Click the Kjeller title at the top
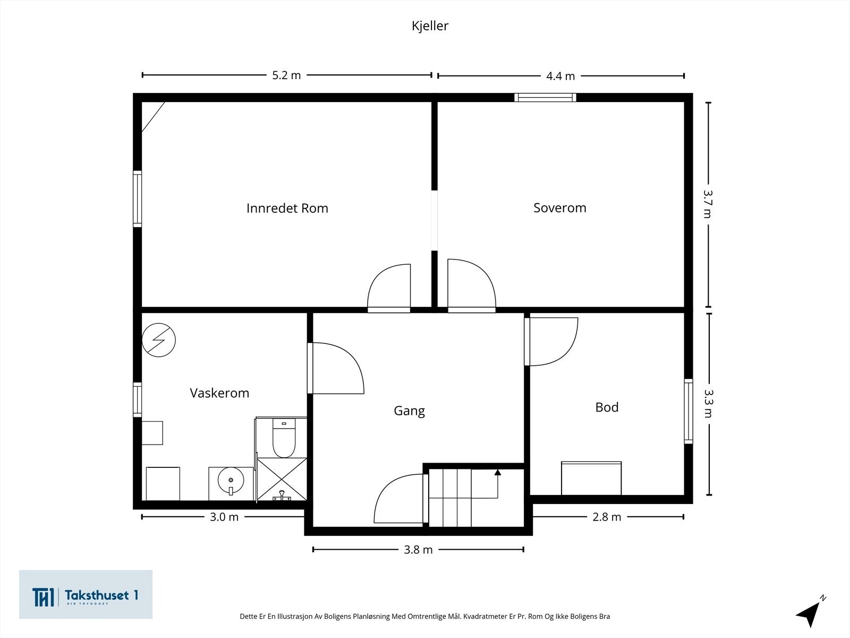point(430,26)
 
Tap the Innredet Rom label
point(287,208)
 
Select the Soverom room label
point(560,208)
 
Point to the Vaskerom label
point(219,393)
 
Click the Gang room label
point(409,411)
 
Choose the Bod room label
point(607,407)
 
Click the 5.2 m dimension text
point(286,75)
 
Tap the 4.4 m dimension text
point(560,76)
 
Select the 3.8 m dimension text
point(418,550)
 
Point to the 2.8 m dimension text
point(607,517)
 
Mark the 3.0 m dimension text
point(224,517)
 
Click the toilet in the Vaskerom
point(284,438)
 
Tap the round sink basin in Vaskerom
point(231,480)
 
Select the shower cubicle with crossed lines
point(282,479)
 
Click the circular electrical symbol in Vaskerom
point(159,340)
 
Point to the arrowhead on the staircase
point(498,472)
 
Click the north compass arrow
point(810,612)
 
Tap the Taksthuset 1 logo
point(86,594)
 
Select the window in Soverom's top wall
point(545,98)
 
